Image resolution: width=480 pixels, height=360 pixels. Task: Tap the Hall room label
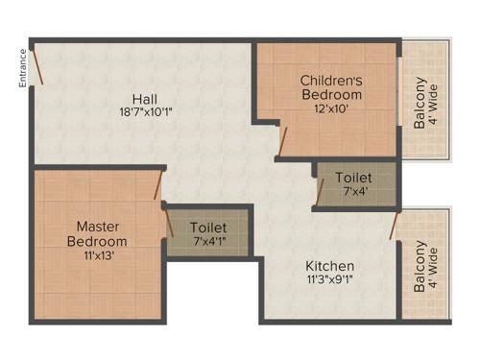(146, 98)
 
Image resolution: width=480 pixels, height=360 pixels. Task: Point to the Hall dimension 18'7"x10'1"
(146, 111)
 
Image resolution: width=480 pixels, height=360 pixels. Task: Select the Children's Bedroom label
(331, 87)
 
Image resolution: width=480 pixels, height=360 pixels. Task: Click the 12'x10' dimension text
(331, 109)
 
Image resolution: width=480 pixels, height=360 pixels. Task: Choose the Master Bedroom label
(97, 234)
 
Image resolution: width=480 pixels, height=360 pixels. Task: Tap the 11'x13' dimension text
(97, 255)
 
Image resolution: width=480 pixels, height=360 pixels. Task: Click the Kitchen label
(329, 266)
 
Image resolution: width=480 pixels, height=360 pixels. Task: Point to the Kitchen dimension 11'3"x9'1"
(329, 280)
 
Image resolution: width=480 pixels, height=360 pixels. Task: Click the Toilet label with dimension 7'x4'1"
(207, 227)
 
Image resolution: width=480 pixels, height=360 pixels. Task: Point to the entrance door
(36, 66)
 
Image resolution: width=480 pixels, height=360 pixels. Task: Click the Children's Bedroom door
(281, 140)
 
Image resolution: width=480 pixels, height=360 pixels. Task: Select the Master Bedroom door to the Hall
(157, 185)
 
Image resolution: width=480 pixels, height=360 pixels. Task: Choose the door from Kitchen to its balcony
(394, 226)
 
